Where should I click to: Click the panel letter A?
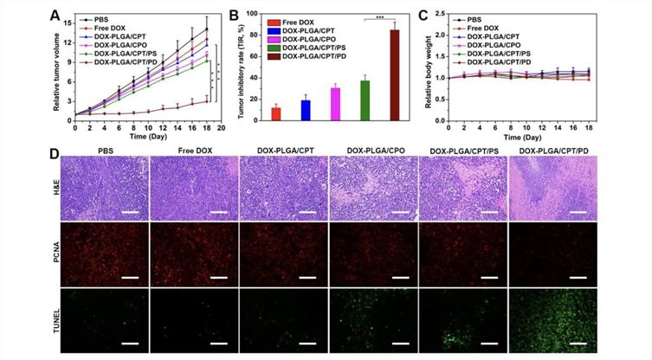click(55, 15)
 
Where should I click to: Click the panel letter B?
click(240, 15)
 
